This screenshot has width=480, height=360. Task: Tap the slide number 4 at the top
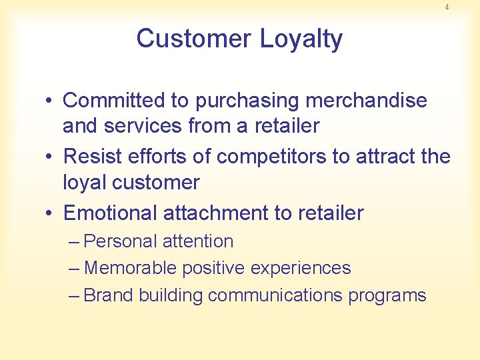(x=447, y=7)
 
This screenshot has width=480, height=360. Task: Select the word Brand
(x=109, y=295)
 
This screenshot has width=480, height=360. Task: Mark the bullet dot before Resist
(x=50, y=157)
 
